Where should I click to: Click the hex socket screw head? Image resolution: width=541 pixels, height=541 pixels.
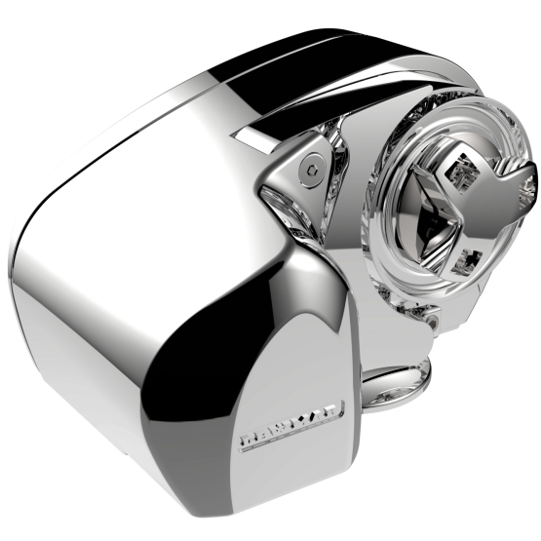click(x=311, y=167)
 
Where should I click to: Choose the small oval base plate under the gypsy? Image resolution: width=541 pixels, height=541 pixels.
click(x=398, y=378)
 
